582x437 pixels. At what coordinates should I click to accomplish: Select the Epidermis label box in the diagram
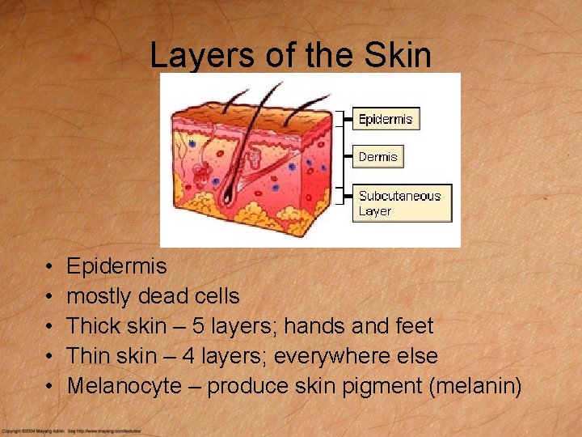(x=386, y=119)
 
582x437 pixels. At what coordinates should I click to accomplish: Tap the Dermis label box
(x=378, y=156)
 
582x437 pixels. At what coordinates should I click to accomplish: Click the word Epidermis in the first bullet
(x=116, y=266)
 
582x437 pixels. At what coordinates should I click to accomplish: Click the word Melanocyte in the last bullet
(x=124, y=386)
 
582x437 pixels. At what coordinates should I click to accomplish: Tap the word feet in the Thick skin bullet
(x=412, y=326)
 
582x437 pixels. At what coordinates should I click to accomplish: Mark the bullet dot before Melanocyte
(x=50, y=387)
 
